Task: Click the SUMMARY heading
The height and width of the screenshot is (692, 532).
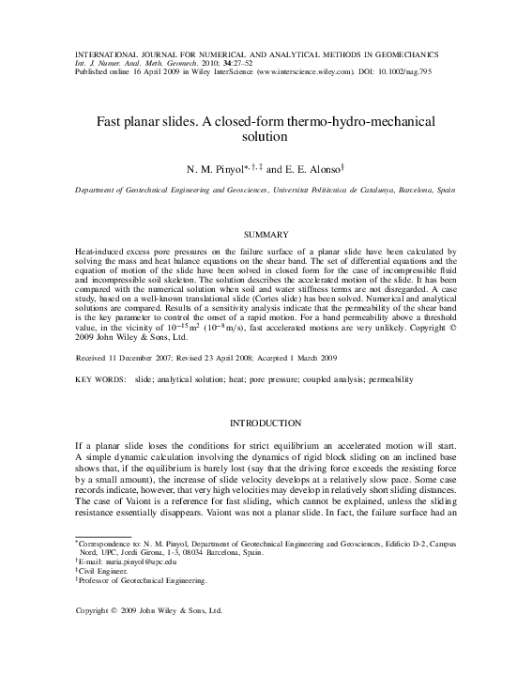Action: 266,233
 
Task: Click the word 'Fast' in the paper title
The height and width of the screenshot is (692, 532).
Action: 115,122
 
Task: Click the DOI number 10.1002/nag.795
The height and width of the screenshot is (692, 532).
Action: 427,69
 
